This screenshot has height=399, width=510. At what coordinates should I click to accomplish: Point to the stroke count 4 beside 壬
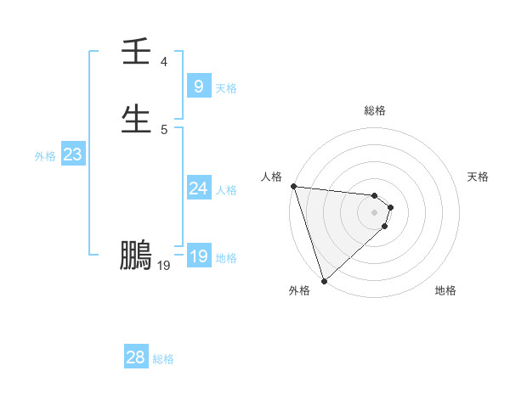163,62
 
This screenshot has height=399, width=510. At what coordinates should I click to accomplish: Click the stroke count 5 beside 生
163,130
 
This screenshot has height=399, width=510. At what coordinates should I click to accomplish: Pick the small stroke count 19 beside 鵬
164,266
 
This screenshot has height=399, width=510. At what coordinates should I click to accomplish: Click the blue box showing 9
198,86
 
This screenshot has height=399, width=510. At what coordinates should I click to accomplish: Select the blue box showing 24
198,188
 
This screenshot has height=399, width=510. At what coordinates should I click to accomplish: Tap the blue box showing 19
198,256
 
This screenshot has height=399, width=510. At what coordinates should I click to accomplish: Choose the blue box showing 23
72,155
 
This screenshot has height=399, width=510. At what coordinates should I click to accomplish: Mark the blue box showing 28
136,357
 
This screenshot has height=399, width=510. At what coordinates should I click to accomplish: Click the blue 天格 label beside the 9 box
226,87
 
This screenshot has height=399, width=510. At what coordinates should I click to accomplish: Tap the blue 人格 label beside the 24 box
226,190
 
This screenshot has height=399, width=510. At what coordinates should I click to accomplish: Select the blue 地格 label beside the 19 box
226,258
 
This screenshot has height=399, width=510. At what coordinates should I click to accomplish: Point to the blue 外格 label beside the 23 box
45,156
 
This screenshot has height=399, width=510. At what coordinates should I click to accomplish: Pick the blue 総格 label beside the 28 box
163,359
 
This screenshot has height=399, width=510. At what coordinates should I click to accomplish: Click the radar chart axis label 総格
375,110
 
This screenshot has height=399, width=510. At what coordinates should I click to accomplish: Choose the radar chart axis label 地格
445,290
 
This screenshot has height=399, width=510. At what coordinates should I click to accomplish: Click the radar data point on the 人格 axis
293,186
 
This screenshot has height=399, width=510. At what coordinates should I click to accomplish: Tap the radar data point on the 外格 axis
324,279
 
